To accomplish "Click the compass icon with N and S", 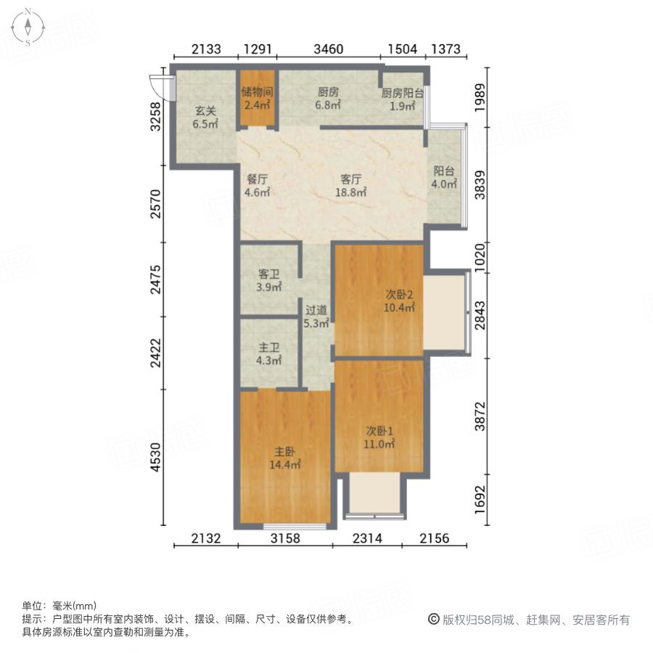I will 28,28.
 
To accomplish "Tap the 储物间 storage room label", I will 256,99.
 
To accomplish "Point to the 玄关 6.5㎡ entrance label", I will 205,118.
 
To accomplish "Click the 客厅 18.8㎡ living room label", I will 351,186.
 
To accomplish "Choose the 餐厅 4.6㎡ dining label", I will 258,186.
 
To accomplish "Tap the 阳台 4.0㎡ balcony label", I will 444,178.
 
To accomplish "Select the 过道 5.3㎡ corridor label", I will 316,317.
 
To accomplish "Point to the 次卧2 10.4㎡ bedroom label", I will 399,301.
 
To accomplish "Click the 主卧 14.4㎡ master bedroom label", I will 285,458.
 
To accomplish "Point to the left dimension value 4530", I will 155,459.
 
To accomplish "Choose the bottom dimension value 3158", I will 285,538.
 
